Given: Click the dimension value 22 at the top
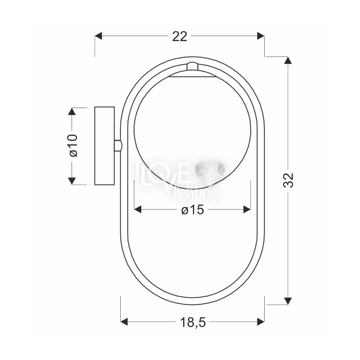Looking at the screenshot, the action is [180, 36].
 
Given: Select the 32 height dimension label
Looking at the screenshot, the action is [289, 180].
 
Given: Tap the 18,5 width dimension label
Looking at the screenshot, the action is [193, 322].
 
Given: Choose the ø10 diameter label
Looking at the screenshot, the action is [74, 145].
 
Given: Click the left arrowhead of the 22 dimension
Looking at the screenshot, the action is [98, 36].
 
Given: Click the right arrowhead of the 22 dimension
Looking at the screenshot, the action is [261, 36].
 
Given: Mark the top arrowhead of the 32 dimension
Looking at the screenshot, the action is [288, 60].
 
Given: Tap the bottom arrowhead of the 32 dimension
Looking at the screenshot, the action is [288, 301].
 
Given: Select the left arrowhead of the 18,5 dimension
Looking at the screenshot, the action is [124, 321].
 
